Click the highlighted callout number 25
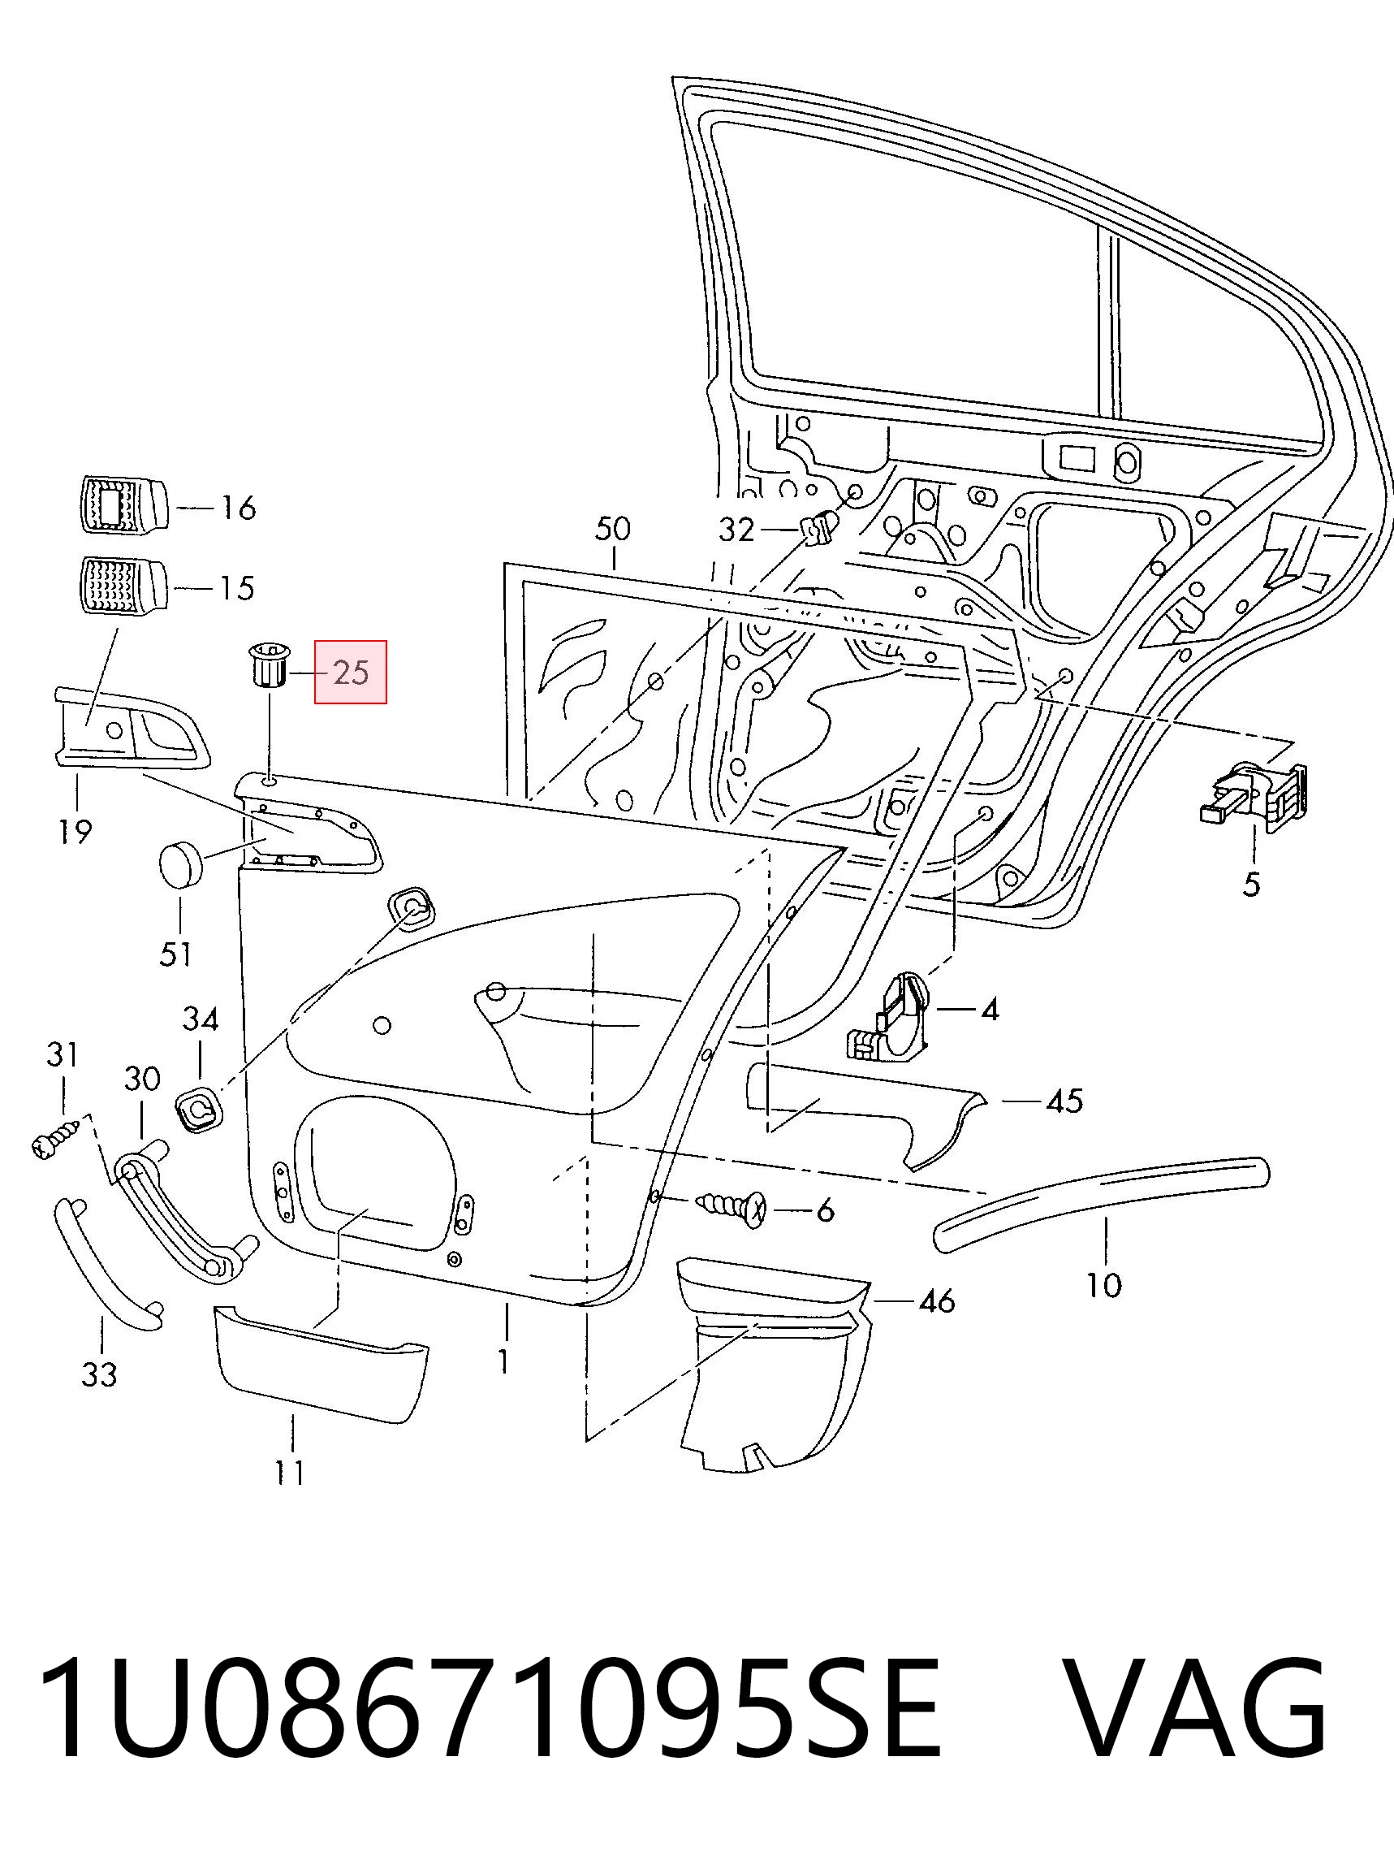[351, 672]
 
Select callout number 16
[238, 508]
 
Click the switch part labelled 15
[123, 584]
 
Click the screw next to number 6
[731, 1209]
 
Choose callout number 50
[613, 529]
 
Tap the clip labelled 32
[818, 528]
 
